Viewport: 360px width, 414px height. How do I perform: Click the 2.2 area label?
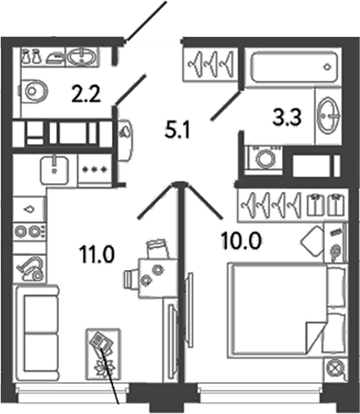pyautogui.click(x=86, y=93)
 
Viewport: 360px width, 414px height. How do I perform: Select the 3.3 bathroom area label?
pyautogui.click(x=287, y=117)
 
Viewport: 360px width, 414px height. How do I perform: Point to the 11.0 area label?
pyautogui.click(x=97, y=254)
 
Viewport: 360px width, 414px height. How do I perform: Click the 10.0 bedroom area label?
pyautogui.click(x=241, y=241)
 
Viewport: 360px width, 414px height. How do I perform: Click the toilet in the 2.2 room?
pyautogui.click(x=32, y=90)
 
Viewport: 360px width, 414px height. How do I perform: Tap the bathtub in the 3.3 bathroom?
pyautogui.click(x=294, y=67)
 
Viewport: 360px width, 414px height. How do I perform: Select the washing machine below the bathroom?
pyautogui.click(x=263, y=160)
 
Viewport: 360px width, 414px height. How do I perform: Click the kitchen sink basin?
pyautogui.click(x=55, y=170)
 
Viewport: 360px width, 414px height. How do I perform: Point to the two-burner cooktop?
pyautogui.click(x=29, y=232)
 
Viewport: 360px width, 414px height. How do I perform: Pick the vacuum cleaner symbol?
pyautogui.click(x=30, y=268)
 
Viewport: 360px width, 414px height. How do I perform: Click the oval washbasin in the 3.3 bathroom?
pyautogui.click(x=329, y=115)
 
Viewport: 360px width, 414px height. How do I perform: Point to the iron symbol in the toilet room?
pyautogui.click(x=56, y=58)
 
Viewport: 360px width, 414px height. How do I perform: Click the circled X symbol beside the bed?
pyautogui.click(x=335, y=370)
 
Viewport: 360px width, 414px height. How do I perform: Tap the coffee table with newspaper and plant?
pyautogui.click(x=103, y=354)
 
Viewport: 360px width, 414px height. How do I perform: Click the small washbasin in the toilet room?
pyautogui.click(x=81, y=57)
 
